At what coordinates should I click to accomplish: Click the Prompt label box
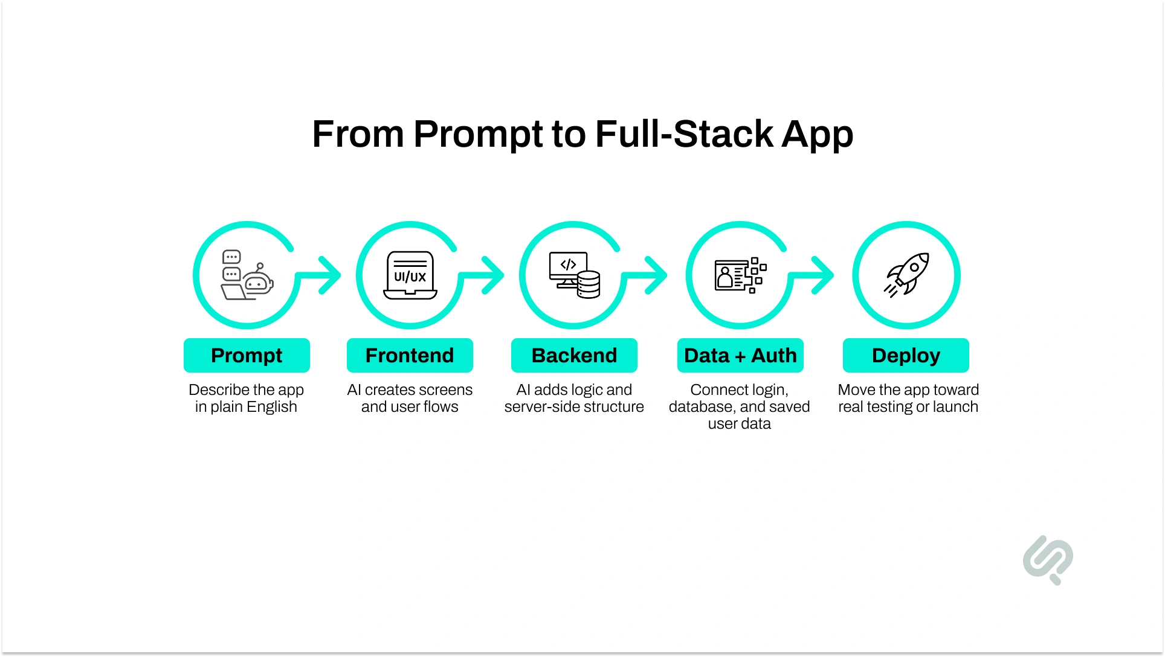pos(247,355)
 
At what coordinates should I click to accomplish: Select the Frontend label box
pos(410,355)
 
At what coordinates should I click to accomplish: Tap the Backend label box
pos(574,355)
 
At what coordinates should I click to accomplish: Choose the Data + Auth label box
pos(740,355)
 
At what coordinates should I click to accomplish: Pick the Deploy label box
pos(906,355)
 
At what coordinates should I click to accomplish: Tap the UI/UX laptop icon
pos(410,275)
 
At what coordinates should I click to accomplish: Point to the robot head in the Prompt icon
pos(257,282)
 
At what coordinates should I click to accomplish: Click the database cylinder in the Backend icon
pos(588,284)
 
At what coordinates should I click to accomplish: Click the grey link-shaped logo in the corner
pos(1048,559)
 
